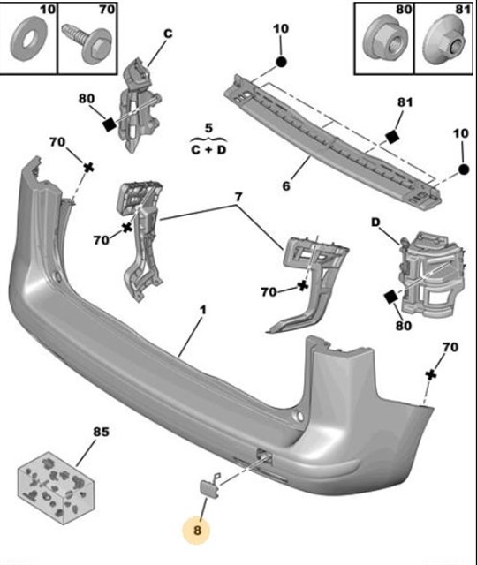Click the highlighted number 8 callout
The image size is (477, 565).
(197, 530)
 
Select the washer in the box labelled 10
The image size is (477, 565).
(27, 39)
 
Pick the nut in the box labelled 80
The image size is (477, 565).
(383, 39)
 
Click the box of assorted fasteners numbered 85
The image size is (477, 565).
(56, 487)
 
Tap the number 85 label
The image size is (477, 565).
(101, 432)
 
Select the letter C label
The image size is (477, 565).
(168, 34)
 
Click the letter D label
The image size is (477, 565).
(375, 222)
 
